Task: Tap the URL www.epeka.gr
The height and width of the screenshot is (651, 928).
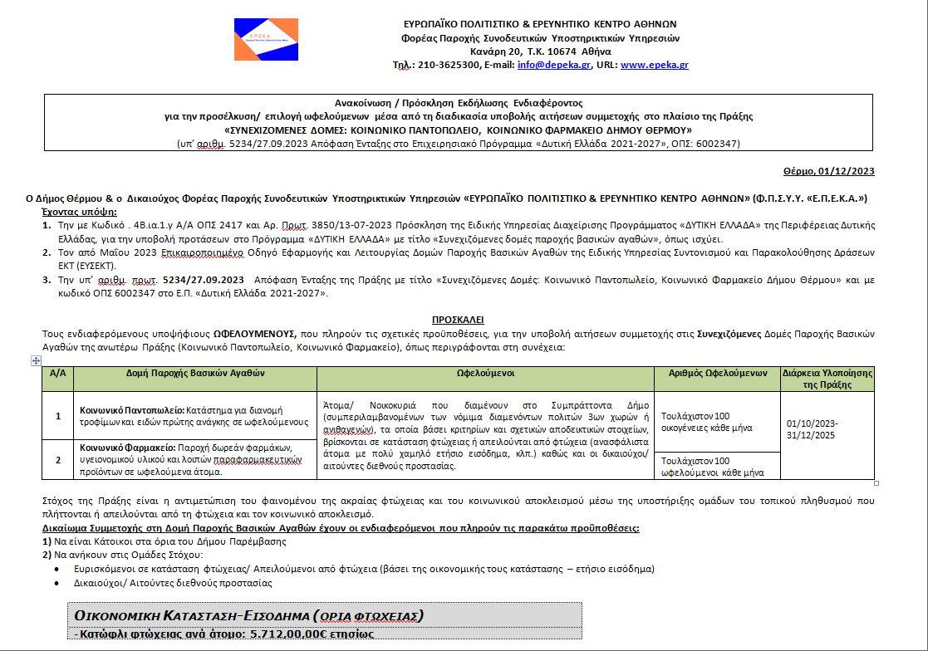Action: point(654,65)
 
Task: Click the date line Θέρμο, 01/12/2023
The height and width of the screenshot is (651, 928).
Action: point(828,171)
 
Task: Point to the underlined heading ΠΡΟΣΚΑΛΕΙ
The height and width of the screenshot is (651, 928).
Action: point(458,320)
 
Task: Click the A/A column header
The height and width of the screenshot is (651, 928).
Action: point(58,374)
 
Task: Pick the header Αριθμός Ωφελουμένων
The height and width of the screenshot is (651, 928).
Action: point(718,374)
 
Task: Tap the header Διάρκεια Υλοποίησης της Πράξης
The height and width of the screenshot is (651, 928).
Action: point(827,379)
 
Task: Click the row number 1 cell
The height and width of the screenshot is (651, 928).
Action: point(58,416)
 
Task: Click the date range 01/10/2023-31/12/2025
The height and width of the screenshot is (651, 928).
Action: point(812,428)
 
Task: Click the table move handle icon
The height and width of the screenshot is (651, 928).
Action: point(36,360)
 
